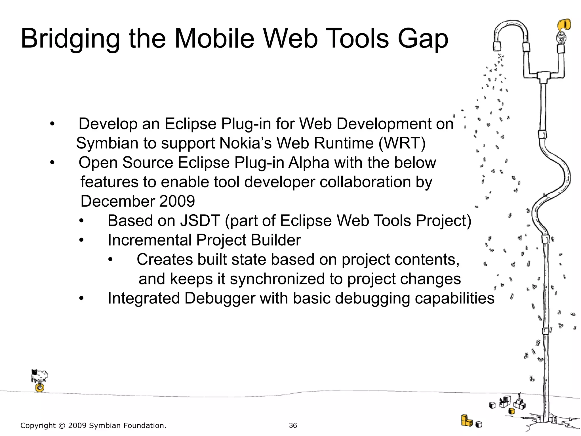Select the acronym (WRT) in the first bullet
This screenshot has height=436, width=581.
402,143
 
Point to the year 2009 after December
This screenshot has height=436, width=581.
177,201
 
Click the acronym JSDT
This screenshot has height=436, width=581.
200,221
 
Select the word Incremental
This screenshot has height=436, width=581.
150,240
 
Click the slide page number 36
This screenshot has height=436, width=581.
293,425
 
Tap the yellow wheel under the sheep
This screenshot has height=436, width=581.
40,387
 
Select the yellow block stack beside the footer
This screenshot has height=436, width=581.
466,421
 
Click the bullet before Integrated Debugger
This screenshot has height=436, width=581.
81,299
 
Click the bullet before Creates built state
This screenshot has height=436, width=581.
111,260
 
